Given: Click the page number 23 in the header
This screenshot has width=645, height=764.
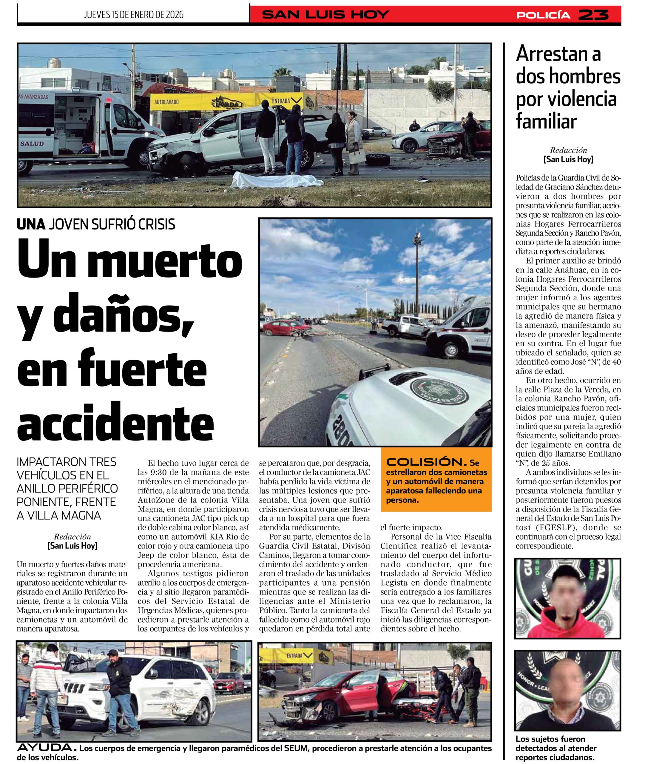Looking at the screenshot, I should tap(594, 15).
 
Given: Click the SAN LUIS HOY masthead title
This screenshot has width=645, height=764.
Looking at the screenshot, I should tap(325, 15).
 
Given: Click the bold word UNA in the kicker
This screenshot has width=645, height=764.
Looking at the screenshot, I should tap(31, 224).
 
